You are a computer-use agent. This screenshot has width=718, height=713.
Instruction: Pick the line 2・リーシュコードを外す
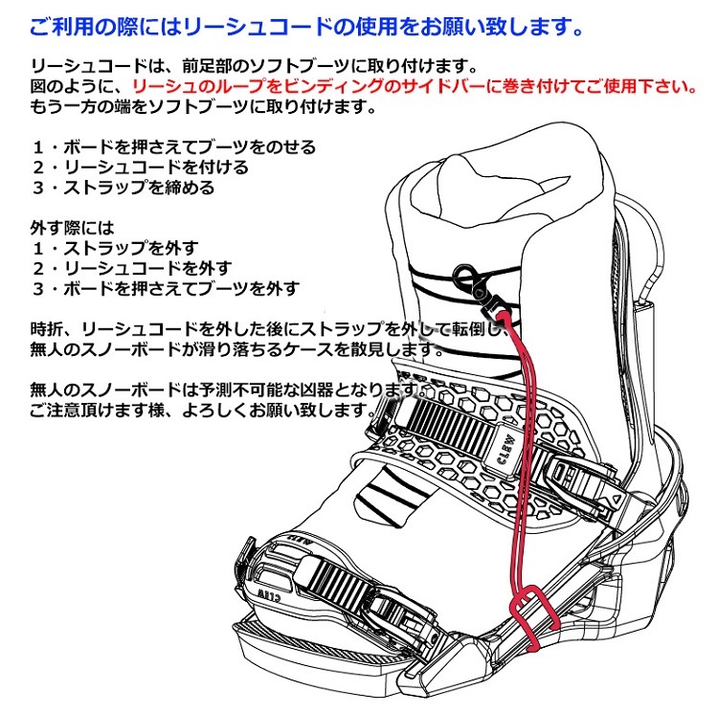pos(131,268)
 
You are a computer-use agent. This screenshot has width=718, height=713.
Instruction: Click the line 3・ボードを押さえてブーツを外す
pos(165,288)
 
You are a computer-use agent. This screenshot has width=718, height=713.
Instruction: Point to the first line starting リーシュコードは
pos(239,66)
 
